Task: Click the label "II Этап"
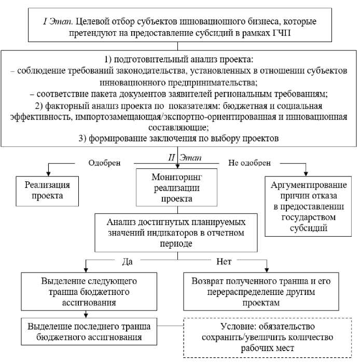tap(179, 156)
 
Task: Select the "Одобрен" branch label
tap(104, 163)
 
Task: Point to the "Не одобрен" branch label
tap(249, 163)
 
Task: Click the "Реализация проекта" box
tap(47, 190)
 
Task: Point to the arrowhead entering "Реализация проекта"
tap(47, 173)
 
